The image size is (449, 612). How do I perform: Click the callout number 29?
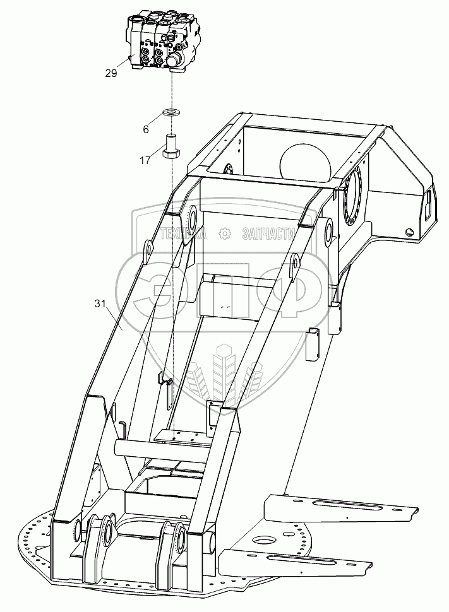[111, 73]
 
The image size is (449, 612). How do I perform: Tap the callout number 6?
[146, 129]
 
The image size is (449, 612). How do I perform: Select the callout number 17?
[145, 160]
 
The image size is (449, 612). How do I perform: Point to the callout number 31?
[100, 304]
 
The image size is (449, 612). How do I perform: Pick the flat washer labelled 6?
[171, 112]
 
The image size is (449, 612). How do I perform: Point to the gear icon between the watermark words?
[224, 234]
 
